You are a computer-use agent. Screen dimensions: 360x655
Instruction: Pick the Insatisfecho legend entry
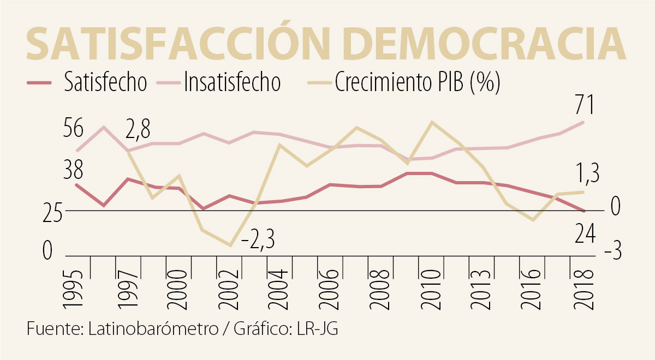[232, 82]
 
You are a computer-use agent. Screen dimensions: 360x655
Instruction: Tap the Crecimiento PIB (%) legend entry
[418, 82]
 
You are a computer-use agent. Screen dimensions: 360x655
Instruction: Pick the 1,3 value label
[587, 175]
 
